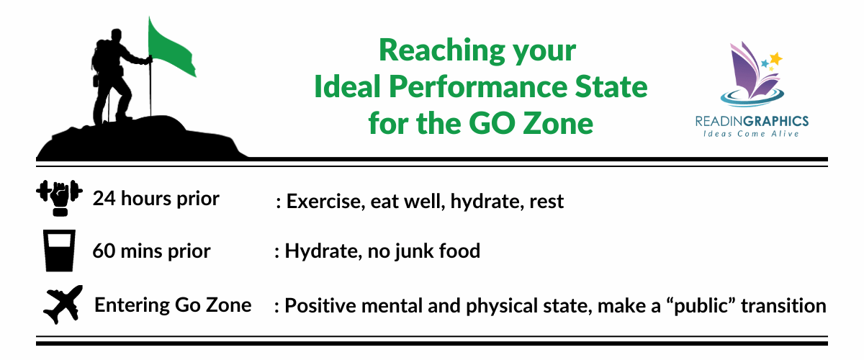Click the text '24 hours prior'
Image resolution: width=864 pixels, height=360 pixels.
156,199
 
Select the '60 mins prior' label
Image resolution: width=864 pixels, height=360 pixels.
151,251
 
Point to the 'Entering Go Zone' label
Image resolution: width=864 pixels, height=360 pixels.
173,305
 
